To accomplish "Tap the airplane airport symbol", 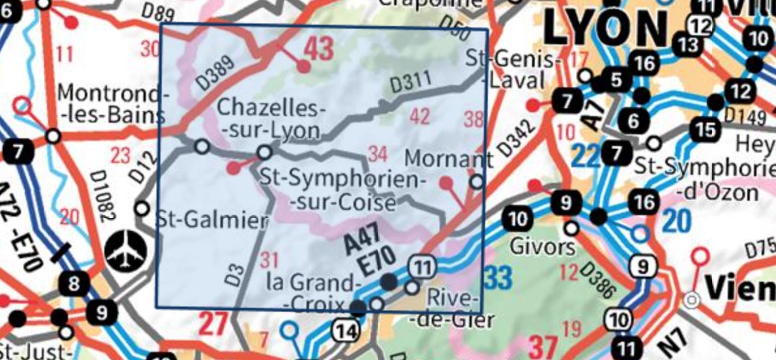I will (x=123, y=250).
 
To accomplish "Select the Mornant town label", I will (x=449, y=158).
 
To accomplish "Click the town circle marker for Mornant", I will (x=477, y=182).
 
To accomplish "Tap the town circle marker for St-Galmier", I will (x=142, y=209).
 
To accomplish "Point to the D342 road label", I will (x=520, y=138).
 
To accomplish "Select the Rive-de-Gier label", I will (x=454, y=308).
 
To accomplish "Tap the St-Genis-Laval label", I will (x=513, y=70).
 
